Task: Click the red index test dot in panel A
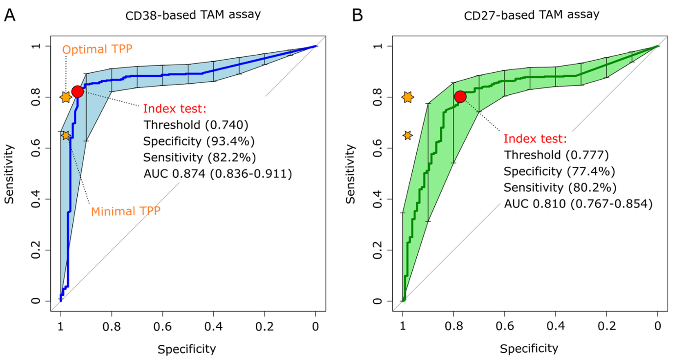pyautogui.click(x=77, y=91)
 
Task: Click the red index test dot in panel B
pyautogui.click(x=460, y=96)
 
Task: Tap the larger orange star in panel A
pyautogui.click(x=66, y=97)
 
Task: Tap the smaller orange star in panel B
pyautogui.click(x=407, y=135)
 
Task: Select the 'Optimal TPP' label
pyautogui.click(x=97, y=49)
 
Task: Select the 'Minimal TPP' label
pyautogui.click(x=126, y=211)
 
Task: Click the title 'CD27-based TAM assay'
pyautogui.click(x=531, y=15)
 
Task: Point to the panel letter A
pyautogui.click(x=10, y=16)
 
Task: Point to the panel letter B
pyautogui.click(x=358, y=16)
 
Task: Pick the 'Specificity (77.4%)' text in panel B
pyautogui.click(x=559, y=171)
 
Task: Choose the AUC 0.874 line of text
pyautogui.click(x=217, y=173)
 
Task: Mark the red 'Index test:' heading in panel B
pyautogui.click(x=535, y=138)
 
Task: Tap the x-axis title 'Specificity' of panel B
pyautogui.click(x=529, y=348)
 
